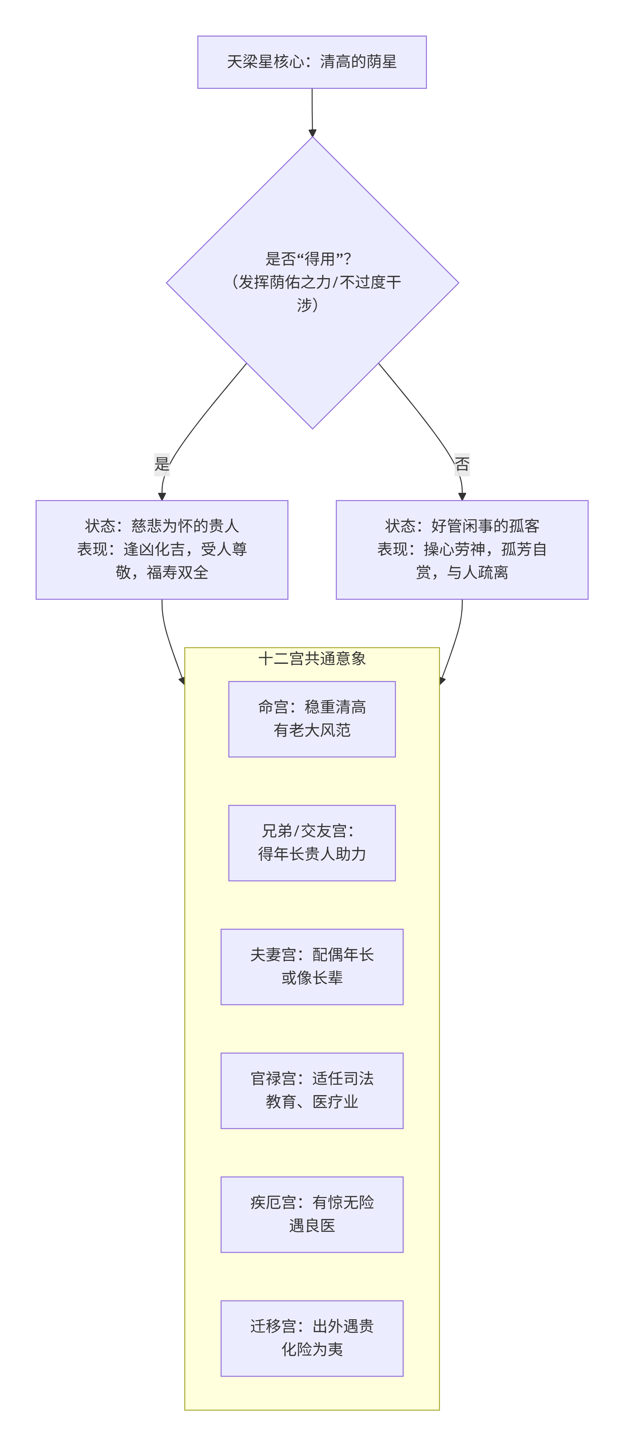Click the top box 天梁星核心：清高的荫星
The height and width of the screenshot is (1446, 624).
(312, 62)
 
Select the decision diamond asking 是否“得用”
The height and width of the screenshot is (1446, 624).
(312, 282)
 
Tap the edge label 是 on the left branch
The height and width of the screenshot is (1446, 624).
(162, 464)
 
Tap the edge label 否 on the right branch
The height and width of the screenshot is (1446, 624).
(462, 464)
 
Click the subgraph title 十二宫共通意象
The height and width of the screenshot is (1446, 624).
(312, 658)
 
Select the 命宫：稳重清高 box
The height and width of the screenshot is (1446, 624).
(312, 719)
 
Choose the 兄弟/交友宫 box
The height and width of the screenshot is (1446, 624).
(312, 843)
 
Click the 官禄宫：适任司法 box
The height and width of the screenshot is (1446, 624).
(312, 1090)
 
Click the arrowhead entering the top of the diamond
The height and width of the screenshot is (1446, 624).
(312, 133)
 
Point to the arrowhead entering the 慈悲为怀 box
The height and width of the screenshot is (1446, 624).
(162, 496)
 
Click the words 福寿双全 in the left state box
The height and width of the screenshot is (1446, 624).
(178, 573)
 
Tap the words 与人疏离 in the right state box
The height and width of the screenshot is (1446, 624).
(477, 573)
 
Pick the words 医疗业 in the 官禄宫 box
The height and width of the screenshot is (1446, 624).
(335, 1102)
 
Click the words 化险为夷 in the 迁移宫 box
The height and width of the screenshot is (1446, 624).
(312, 1350)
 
